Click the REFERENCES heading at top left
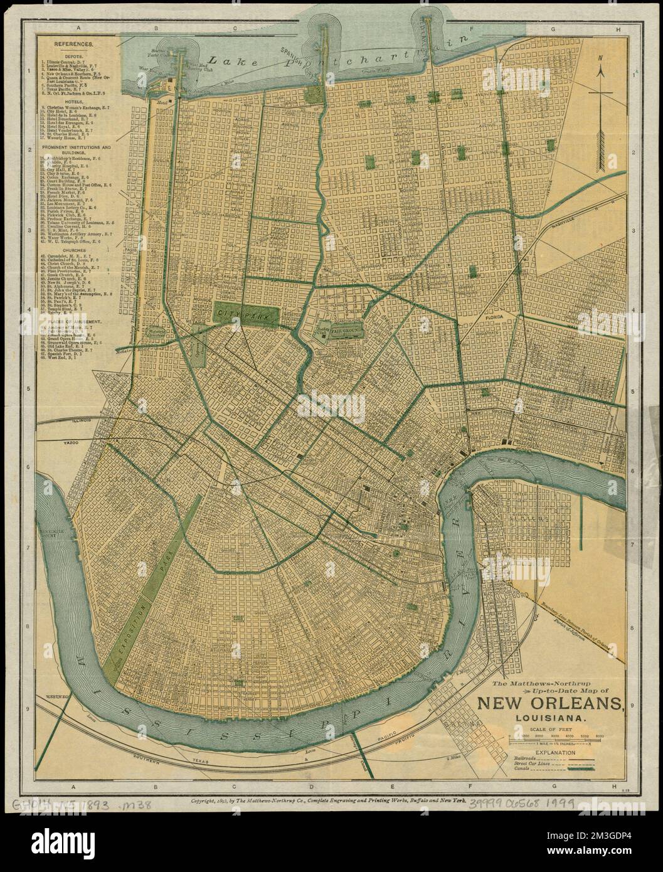(73, 45)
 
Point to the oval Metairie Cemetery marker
(154, 332)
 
